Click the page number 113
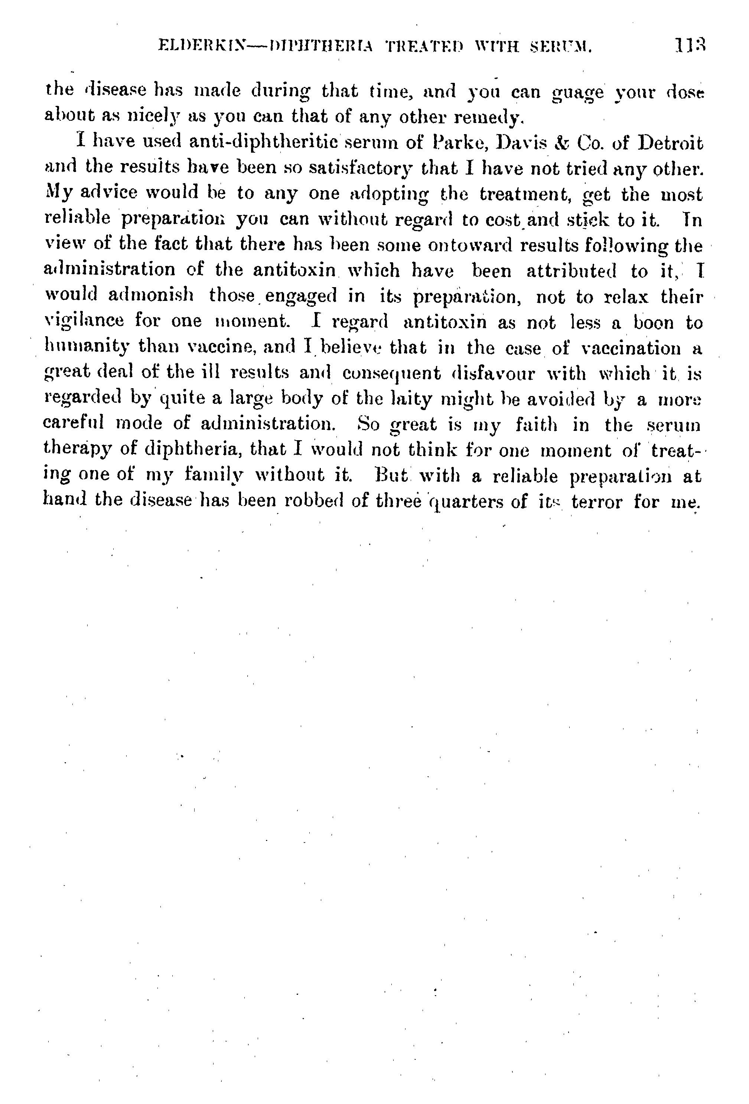pyautogui.click(x=690, y=46)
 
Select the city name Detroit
pyautogui.click(x=670, y=143)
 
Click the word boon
pyautogui.click(x=654, y=322)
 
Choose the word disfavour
pyautogui.click(x=493, y=373)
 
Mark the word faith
pyautogui.click(x=536, y=424)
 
